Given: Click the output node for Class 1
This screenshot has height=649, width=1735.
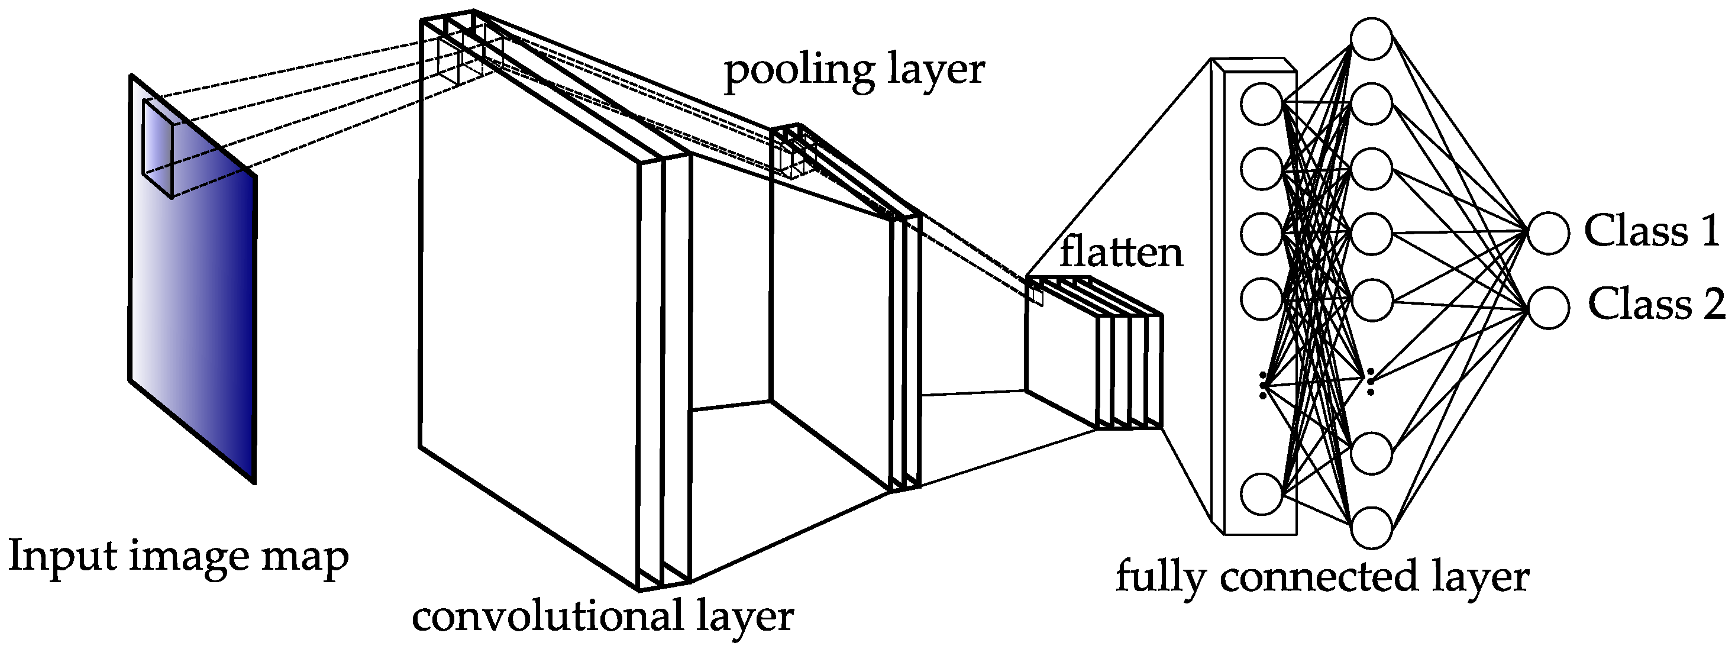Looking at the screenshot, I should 1549,233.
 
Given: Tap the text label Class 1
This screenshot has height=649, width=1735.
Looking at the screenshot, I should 1652,231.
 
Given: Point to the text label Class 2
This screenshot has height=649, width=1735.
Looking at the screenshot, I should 1656,304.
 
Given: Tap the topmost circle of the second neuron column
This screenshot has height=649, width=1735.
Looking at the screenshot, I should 1371,38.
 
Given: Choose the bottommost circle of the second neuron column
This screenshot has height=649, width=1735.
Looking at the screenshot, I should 1371,528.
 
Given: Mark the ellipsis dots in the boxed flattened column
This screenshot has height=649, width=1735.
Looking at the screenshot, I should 1263,384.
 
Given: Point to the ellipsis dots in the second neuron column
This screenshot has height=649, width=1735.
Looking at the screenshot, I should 1370,382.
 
